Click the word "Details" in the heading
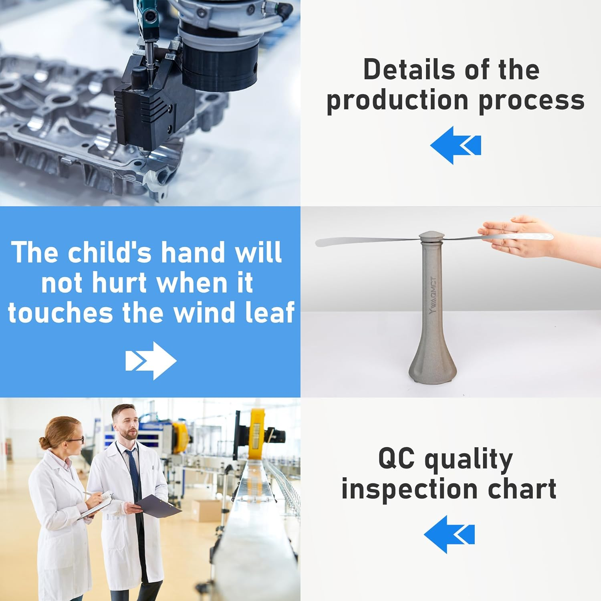point(408,70)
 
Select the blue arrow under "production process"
point(456,145)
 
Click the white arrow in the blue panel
point(151,361)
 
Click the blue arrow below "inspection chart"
point(449,534)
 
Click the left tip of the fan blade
point(317,243)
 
